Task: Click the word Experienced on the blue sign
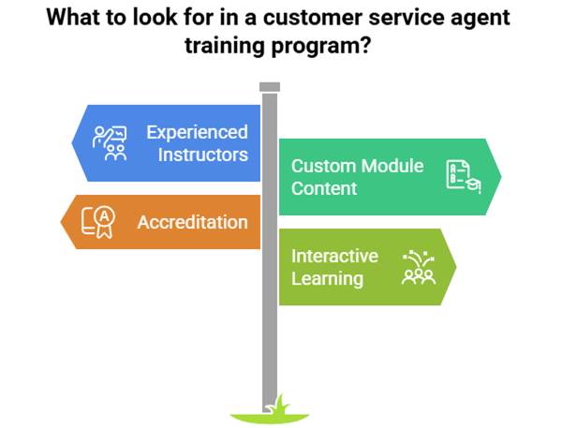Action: tap(197, 133)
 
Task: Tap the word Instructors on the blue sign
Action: tap(203, 155)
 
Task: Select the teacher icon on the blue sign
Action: tap(110, 143)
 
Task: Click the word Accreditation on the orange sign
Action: tap(192, 222)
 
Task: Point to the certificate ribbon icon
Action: tap(98, 222)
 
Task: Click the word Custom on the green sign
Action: tap(324, 166)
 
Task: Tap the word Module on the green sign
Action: tap(392, 166)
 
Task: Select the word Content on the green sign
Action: tap(324, 188)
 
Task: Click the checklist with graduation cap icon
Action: tap(464, 177)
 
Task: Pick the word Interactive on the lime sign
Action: tap(334, 256)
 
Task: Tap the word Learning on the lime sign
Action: tap(327, 279)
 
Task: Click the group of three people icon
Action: tap(419, 268)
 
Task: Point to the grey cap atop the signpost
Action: tap(270, 87)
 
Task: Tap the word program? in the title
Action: tap(320, 47)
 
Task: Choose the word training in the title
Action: tap(225, 47)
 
